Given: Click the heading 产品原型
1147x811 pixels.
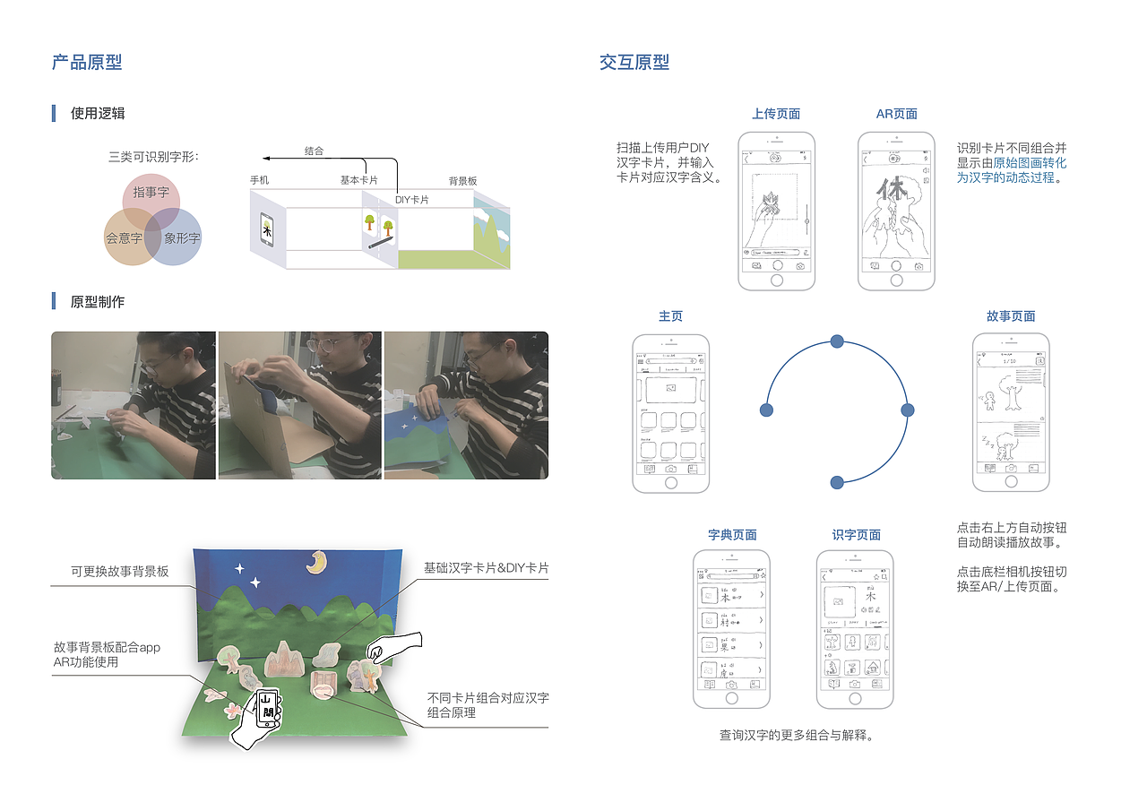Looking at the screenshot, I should tap(87, 62).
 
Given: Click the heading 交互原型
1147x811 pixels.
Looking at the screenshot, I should tap(634, 62).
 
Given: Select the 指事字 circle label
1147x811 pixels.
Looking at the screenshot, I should tap(151, 193).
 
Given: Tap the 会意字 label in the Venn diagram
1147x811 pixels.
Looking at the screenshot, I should tap(124, 238).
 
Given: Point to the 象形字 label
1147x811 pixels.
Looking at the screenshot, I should tap(182, 238).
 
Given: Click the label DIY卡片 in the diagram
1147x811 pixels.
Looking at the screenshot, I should tap(411, 200).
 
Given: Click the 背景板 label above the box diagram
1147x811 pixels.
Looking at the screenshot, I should tap(462, 181).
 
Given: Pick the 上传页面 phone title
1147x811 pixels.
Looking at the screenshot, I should tap(776, 114).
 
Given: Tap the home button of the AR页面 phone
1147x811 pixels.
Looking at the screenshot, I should tap(896, 280).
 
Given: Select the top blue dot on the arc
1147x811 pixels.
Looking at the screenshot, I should tap(837, 341).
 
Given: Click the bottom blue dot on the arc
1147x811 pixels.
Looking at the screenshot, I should tap(837, 482).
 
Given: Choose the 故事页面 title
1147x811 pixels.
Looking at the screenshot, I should tap(1011, 316).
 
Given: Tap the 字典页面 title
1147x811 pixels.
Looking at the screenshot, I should tap(732, 535).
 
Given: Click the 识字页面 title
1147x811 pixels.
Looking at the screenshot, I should tap(856, 535).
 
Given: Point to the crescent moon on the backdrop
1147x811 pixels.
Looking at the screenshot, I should tap(315, 561).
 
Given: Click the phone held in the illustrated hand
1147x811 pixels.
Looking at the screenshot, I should tap(267, 708).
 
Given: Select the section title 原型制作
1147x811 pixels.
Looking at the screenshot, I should tap(98, 302).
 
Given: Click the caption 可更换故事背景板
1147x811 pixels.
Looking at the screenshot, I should tap(120, 572).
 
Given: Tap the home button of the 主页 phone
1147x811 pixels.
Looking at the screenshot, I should tap(670, 483).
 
